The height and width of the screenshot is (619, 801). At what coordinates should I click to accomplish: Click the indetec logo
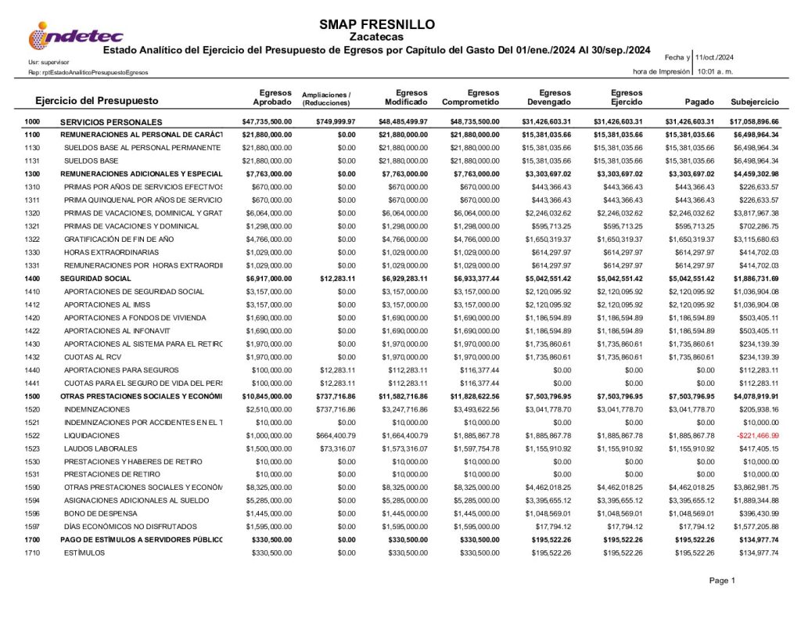coord(75,35)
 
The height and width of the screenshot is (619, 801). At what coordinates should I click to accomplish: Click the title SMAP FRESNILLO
coord(377,24)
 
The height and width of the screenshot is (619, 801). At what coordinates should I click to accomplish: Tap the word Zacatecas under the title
coord(377,37)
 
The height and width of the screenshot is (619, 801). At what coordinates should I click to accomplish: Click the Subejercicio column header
coord(754,103)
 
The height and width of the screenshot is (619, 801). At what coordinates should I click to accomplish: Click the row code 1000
coord(32,122)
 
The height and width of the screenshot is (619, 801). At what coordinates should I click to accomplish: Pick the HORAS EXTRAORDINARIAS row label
coord(111,252)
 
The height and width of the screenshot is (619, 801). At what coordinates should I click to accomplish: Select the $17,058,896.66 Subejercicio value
coord(754,122)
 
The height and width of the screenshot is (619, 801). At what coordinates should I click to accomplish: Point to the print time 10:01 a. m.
coord(715,71)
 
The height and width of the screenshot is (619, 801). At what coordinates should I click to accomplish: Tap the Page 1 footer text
coord(721,581)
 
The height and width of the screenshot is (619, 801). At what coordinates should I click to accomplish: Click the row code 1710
coord(32,552)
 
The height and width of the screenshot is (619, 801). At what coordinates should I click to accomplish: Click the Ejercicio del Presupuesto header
coord(97,101)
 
